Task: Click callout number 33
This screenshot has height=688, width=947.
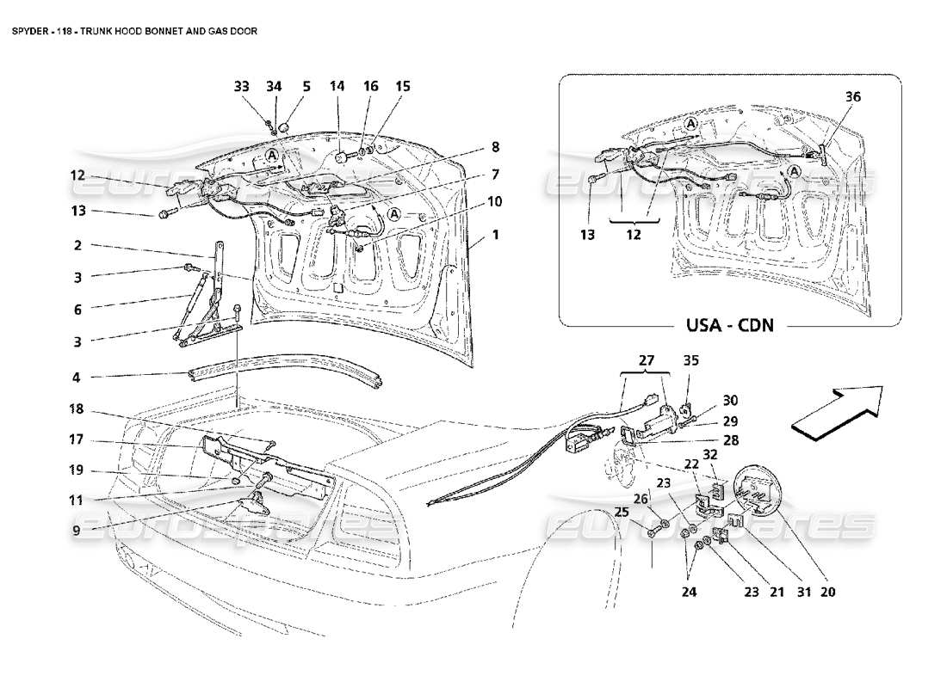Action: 242,86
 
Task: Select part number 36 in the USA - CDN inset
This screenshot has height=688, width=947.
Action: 829,97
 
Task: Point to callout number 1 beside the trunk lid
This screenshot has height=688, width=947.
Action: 494,234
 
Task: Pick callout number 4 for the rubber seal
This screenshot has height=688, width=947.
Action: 77,376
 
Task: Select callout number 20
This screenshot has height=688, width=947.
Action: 828,592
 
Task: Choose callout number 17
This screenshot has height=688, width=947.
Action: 77,439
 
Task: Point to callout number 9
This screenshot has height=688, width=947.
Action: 77,531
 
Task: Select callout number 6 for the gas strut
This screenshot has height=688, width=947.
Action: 77,307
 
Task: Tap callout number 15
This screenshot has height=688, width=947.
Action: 402,86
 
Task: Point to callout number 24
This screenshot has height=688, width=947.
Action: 690,592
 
